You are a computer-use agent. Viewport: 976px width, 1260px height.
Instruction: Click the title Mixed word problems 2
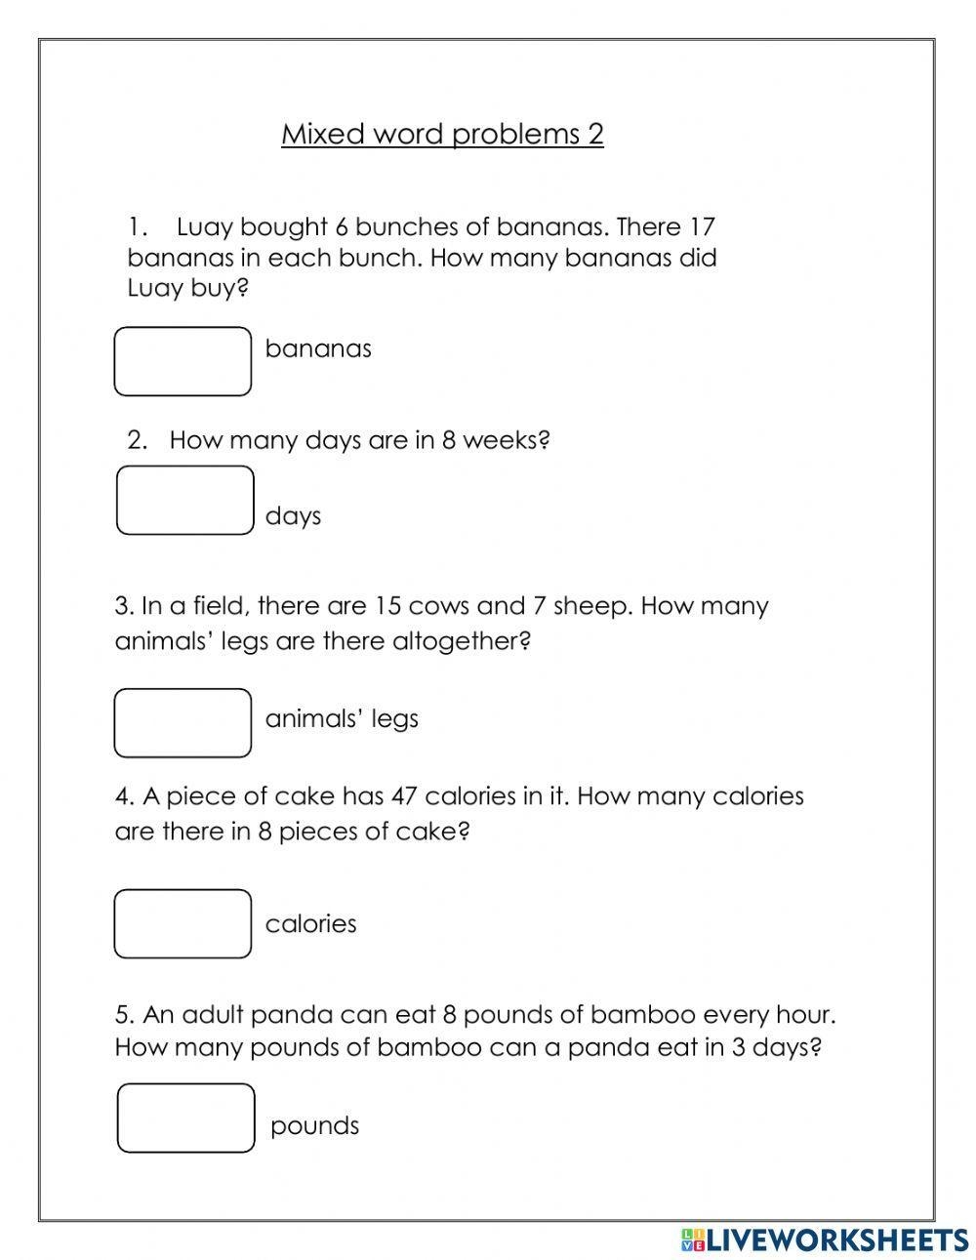click(x=442, y=134)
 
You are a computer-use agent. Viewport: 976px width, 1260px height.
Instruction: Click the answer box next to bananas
click(x=183, y=361)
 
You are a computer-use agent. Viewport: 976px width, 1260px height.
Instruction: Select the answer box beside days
click(x=184, y=500)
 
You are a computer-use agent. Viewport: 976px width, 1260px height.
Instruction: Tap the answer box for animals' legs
click(x=183, y=723)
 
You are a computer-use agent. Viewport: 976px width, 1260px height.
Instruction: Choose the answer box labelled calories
click(x=183, y=923)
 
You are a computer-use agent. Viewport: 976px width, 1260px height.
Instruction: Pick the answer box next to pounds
click(x=185, y=1118)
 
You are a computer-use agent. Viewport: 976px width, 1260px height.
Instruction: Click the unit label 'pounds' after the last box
click(x=314, y=1126)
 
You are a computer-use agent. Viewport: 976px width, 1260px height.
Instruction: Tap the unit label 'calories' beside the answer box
click(x=310, y=924)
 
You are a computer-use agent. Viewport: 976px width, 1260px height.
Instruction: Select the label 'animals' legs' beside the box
click(x=342, y=719)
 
